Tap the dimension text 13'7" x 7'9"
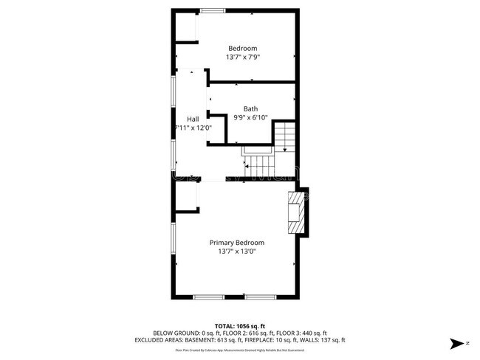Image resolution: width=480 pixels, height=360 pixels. (242, 57)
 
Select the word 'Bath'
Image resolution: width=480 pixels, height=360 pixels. (250, 108)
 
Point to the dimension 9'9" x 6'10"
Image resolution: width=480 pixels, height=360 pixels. (250, 117)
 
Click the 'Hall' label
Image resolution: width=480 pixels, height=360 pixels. (192, 119)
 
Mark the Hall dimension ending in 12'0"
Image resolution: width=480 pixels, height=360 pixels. (193, 128)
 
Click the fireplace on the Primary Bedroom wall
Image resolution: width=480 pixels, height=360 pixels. (297, 214)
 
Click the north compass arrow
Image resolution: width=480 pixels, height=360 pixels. (459, 343)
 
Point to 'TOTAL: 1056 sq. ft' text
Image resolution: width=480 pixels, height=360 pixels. (239, 325)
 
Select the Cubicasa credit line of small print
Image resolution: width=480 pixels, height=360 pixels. (239, 350)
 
